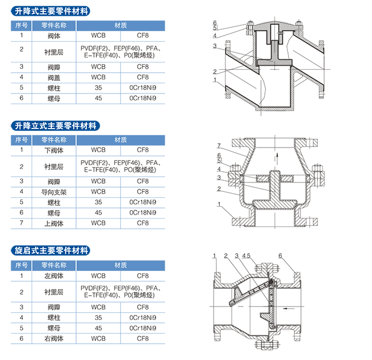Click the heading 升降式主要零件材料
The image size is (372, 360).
[51, 11]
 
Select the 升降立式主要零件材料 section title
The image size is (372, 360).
[55, 126]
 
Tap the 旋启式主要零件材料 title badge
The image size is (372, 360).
[51, 251]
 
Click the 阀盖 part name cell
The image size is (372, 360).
[54, 78]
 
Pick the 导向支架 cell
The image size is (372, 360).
[54, 192]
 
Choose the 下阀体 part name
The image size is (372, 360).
[54, 150]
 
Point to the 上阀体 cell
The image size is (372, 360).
[54, 224]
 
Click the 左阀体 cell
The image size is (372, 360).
[54, 276]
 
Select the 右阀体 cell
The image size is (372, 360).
[54, 339]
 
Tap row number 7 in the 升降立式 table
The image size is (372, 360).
[21, 223]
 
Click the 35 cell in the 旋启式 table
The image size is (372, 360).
[98, 318]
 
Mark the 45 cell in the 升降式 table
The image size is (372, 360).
[98, 98]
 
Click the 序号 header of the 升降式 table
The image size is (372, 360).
[21, 25]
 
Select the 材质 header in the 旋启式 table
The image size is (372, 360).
[121, 265]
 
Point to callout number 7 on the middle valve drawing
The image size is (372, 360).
[219, 145]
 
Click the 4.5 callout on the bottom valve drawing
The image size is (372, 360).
[246, 256]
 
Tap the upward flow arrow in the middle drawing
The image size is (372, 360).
[277, 158]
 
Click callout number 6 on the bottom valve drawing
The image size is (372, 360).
[280, 256]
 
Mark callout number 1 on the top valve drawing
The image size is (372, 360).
[215, 80]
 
